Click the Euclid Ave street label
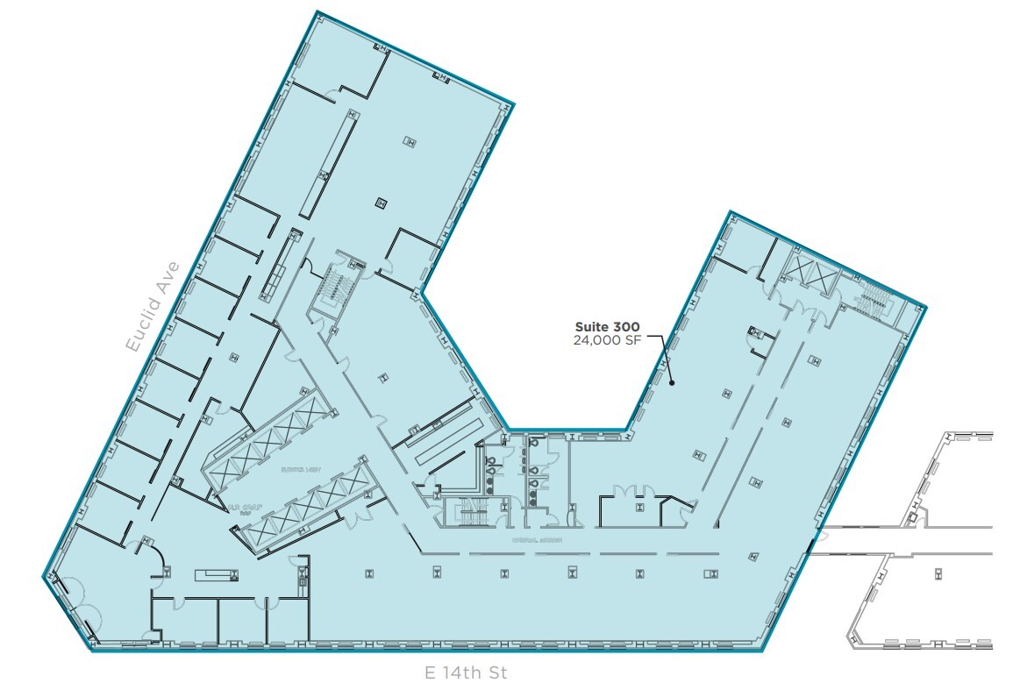click(153, 306)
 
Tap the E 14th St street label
click(465, 672)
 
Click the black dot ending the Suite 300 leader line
click(671, 382)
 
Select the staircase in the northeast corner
click(870, 302)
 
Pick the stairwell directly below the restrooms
click(465, 512)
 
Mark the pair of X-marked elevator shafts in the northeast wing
click(804, 274)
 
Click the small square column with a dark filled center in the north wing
click(381, 203)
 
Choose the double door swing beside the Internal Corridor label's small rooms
click(632, 492)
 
